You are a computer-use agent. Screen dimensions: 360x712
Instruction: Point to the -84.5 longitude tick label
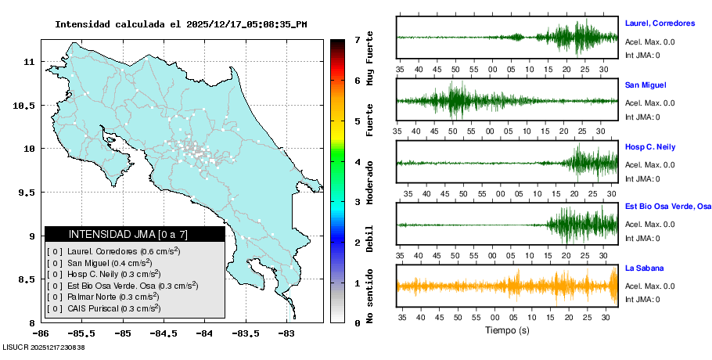pyautogui.click(x=164, y=333)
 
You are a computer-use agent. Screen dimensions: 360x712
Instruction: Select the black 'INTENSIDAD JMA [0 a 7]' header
pyautogui.click(x=134, y=234)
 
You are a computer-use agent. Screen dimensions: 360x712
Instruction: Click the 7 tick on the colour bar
pyautogui.click(x=357, y=39)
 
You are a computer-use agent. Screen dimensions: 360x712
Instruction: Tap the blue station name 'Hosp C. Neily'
pyautogui.click(x=650, y=147)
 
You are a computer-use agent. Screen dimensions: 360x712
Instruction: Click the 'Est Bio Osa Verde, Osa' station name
pyautogui.click(x=667, y=207)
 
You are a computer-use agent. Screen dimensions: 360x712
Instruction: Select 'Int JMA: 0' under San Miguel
pyautogui.click(x=642, y=117)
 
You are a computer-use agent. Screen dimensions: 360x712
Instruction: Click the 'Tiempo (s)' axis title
pyautogui.click(x=508, y=330)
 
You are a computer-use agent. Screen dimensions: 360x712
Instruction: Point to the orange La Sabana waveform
pyautogui.click(x=507, y=286)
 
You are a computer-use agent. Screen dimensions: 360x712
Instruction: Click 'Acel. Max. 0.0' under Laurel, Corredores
pyautogui.click(x=649, y=42)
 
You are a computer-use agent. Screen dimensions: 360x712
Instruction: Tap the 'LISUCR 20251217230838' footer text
pyautogui.click(x=44, y=347)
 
